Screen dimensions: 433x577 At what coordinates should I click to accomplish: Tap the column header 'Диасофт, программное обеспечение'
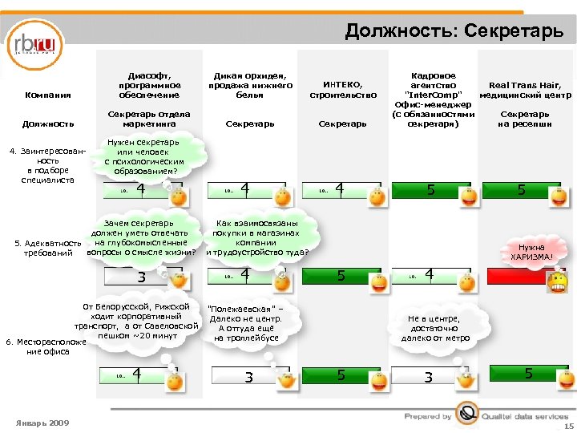pyautogui.click(x=149, y=79)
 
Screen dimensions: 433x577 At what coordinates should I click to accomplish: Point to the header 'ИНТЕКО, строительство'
pyautogui.click(x=342, y=90)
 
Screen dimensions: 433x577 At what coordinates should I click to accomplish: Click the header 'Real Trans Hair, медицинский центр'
pyautogui.click(x=525, y=90)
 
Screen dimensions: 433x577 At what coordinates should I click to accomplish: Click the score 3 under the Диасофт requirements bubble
pyautogui.click(x=141, y=277)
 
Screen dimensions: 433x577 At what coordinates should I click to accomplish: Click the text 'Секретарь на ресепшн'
pyautogui.click(x=525, y=119)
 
